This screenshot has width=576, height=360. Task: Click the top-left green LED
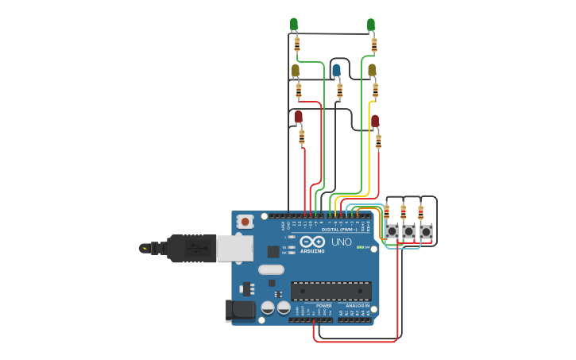(294, 24)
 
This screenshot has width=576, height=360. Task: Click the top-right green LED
(371, 25)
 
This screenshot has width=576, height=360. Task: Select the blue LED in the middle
(336, 70)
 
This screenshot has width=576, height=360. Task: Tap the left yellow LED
(296, 71)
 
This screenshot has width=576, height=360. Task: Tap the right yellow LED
(372, 70)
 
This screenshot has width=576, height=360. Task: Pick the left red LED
(299, 117)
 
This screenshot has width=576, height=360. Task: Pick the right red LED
(375, 121)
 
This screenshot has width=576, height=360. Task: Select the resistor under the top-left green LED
(297, 43)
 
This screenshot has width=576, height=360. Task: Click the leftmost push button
(392, 231)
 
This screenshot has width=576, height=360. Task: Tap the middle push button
(408, 231)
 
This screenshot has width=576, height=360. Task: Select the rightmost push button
(426, 231)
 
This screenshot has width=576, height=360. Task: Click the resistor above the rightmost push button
(420, 212)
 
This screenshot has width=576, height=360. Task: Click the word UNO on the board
(341, 242)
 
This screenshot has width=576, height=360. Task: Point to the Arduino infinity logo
(312, 242)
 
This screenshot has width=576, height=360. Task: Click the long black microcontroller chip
(331, 291)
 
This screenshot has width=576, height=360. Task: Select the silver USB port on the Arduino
(235, 248)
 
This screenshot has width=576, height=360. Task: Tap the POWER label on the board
(324, 305)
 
